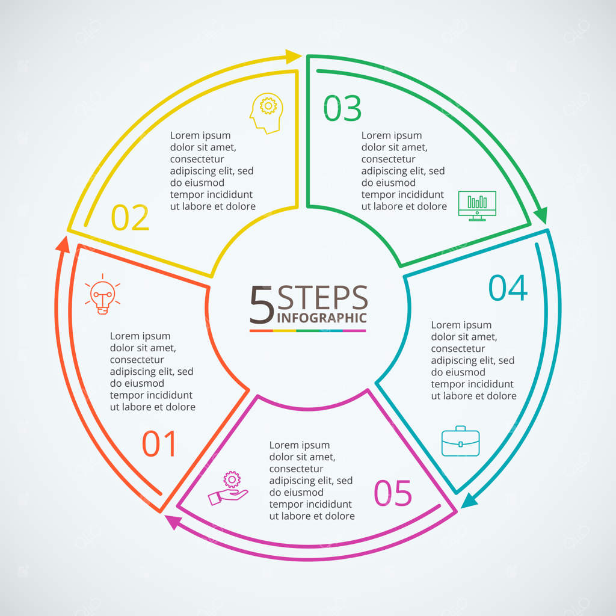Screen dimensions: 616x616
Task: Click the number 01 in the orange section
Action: click(x=159, y=444)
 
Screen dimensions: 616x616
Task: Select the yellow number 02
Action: click(x=130, y=218)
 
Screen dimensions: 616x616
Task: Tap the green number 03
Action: click(x=343, y=108)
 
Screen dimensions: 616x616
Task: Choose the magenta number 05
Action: click(x=393, y=493)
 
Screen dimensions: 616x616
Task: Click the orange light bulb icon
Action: click(x=102, y=295)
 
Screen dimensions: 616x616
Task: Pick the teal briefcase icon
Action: click(x=460, y=442)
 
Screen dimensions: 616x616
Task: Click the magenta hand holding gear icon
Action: click(x=229, y=488)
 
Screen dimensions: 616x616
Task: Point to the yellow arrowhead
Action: click(x=294, y=57)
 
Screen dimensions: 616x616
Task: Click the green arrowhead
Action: click(x=541, y=215)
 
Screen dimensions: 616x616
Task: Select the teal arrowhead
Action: click(x=469, y=500)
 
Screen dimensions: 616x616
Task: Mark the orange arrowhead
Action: click(x=62, y=243)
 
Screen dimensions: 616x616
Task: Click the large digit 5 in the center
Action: click(x=262, y=304)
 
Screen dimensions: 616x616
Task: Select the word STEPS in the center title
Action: click(x=322, y=298)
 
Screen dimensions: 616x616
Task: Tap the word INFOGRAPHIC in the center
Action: click(x=321, y=318)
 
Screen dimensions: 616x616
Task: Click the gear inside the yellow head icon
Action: click(x=269, y=106)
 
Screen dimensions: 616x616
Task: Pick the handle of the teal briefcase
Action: click(x=460, y=429)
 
